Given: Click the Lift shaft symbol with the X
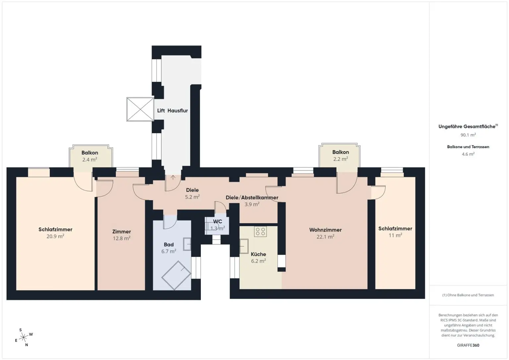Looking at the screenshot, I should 140,109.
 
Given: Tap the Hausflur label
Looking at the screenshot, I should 177,111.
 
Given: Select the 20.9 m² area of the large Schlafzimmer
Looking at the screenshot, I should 55,236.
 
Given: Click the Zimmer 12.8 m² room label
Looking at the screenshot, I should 122,232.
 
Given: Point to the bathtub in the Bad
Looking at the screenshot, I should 176,275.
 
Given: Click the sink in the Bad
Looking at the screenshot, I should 187,244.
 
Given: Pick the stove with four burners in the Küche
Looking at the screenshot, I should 260,231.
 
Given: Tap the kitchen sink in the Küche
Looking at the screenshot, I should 244,246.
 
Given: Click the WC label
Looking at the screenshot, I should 218,221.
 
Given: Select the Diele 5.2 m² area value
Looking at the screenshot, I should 192,197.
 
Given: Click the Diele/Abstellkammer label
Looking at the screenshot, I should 252,198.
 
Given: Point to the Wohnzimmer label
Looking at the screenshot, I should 325,230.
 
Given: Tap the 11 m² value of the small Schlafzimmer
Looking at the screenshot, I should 395,235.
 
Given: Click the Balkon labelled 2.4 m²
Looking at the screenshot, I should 90,156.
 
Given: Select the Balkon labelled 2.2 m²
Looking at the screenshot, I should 341,155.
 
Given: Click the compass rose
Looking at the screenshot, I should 24,337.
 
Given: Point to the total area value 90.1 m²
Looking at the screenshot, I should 468,135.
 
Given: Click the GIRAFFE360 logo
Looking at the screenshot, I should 468,345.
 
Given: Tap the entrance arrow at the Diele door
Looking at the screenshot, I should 173,177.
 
